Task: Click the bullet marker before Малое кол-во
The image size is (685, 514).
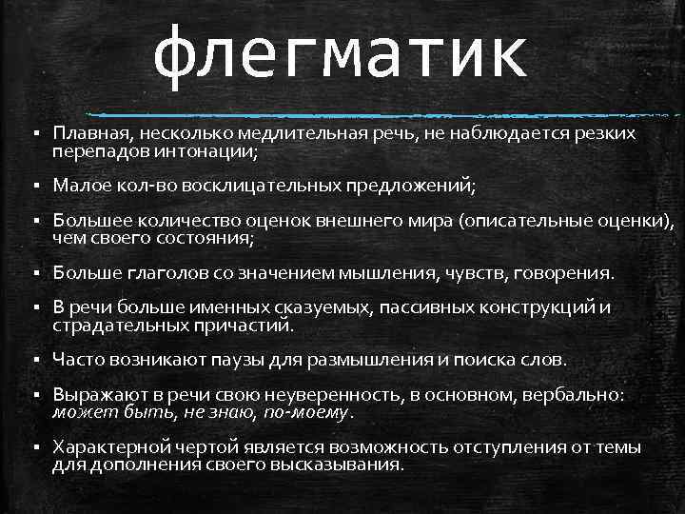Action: coord(32,184)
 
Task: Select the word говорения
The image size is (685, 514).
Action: coord(562,273)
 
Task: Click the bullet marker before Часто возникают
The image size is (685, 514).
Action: coord(32,360)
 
